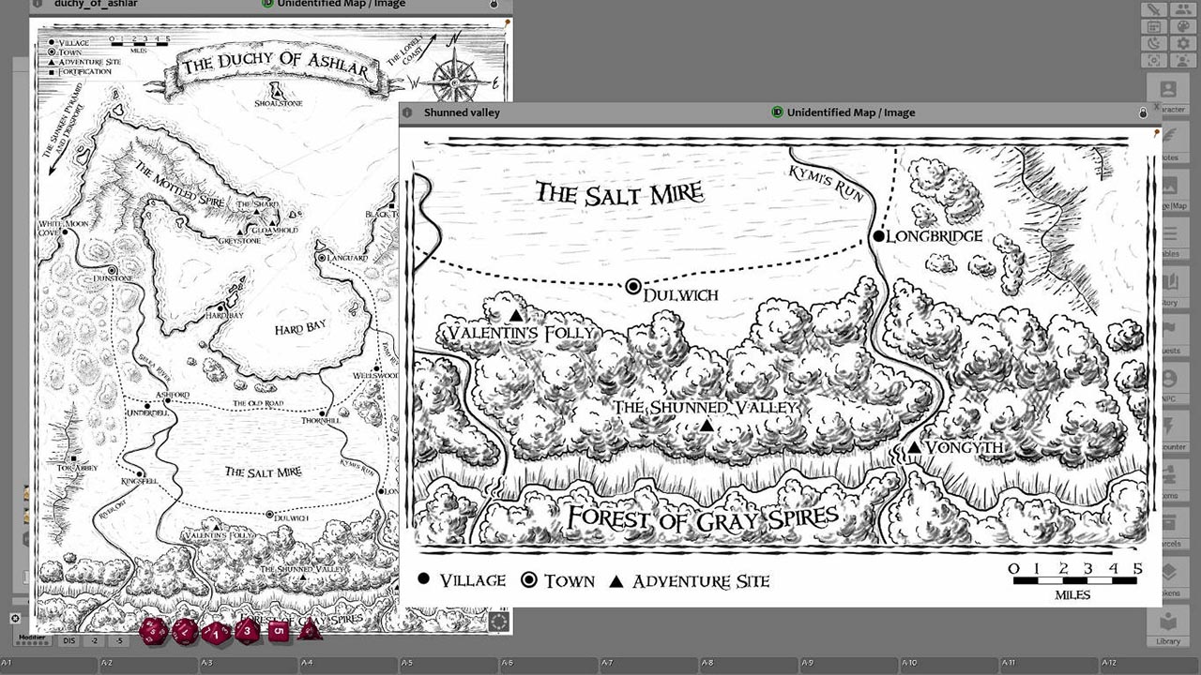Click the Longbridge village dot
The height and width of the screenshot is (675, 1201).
(879, 236)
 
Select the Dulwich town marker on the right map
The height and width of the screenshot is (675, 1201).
(633, 286)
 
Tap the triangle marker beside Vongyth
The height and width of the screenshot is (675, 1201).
(914, 448)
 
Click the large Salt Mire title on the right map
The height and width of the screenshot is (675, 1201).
(619, 194)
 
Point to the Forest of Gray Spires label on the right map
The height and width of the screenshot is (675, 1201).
(702, 518)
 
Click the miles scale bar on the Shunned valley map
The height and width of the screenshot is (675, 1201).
(1076, 580)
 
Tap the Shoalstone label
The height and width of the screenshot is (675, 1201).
(279, 103)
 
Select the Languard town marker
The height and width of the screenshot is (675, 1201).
(322, 257)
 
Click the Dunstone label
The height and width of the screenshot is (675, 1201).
(113, 279)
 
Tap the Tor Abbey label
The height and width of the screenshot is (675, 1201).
(77, 468)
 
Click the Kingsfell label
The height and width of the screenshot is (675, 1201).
(138, 481)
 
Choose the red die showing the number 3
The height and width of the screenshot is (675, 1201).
(247, 631)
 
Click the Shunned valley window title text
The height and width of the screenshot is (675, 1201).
(462, 112)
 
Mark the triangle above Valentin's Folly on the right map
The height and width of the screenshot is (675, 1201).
(515, 316)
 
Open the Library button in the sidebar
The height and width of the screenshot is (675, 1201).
(1168, 628)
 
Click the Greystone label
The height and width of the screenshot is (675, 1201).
(239, 241)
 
